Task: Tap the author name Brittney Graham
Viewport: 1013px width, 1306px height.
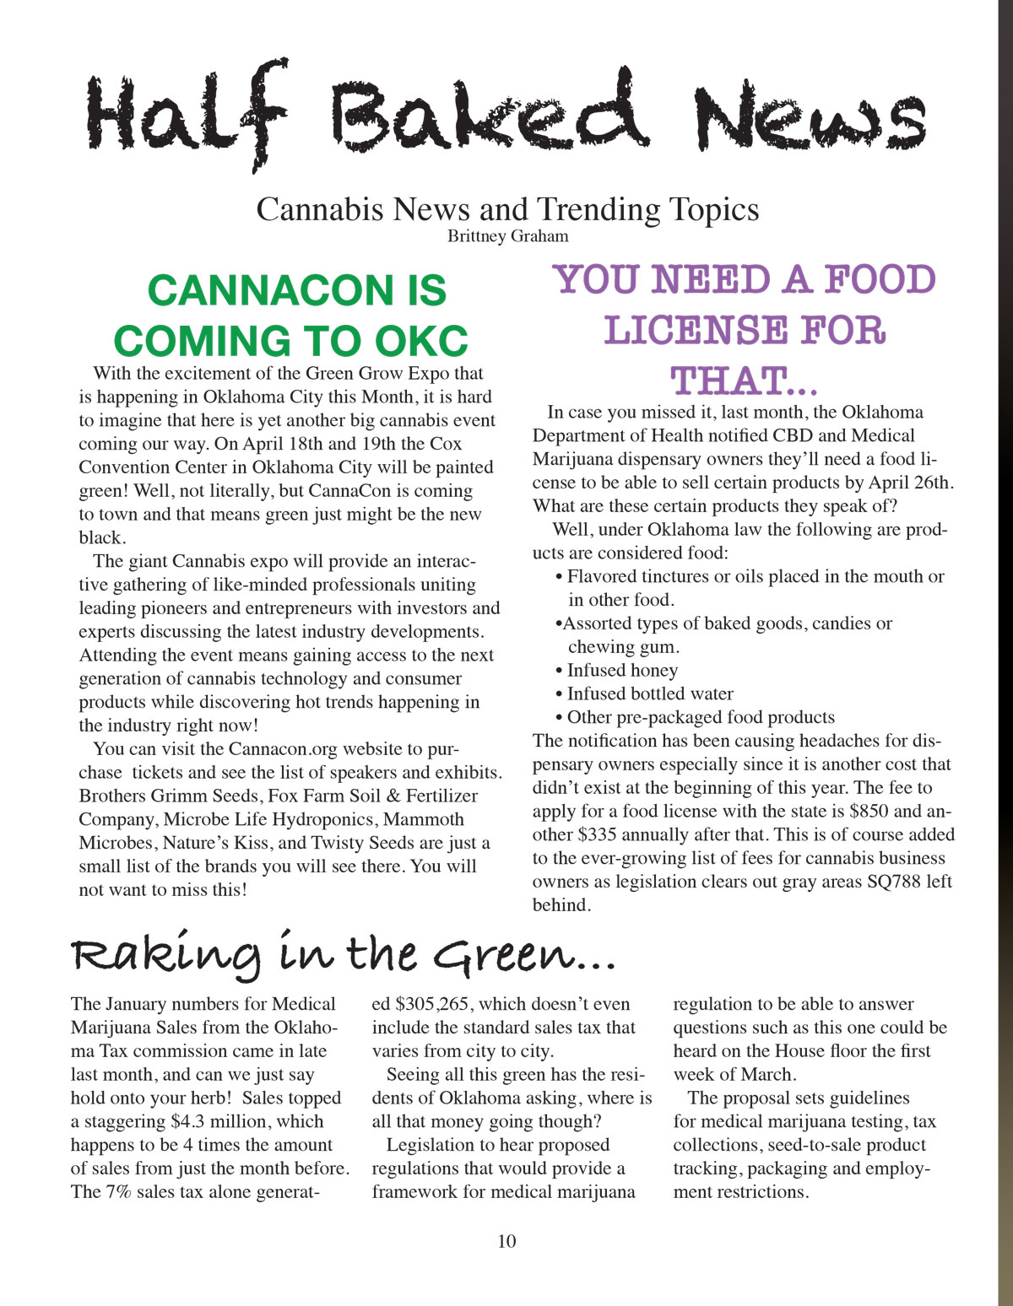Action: point(507,236)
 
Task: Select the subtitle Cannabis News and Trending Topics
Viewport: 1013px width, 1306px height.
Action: point(507,208)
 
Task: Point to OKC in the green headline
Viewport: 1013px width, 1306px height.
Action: point(420,341)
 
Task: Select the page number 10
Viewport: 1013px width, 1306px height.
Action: point(506,1241)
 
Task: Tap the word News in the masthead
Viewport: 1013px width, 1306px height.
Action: point(810,118)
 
